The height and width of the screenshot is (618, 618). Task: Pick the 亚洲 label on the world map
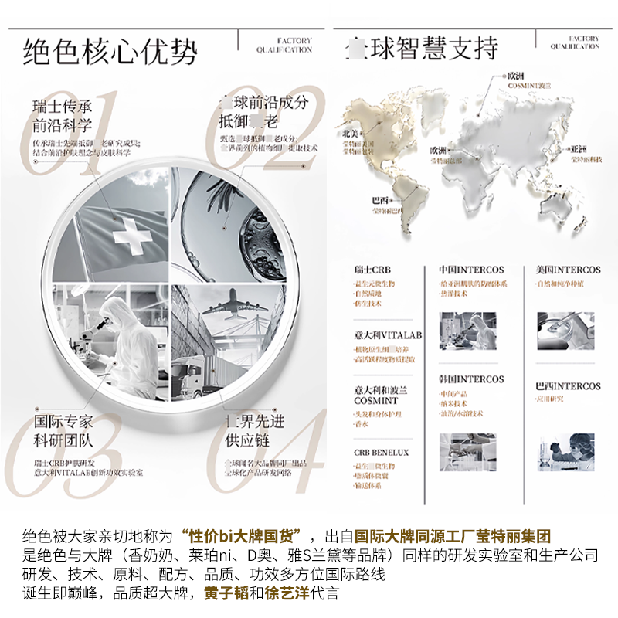[579, 148]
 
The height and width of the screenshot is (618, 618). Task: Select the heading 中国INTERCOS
[471, 270]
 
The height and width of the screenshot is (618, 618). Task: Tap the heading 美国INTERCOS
[568, 270]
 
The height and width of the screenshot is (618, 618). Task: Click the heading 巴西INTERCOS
[568, 386]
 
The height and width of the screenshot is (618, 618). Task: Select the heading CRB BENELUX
[382, 453]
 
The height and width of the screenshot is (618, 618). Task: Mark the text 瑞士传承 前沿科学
[63, 115]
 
